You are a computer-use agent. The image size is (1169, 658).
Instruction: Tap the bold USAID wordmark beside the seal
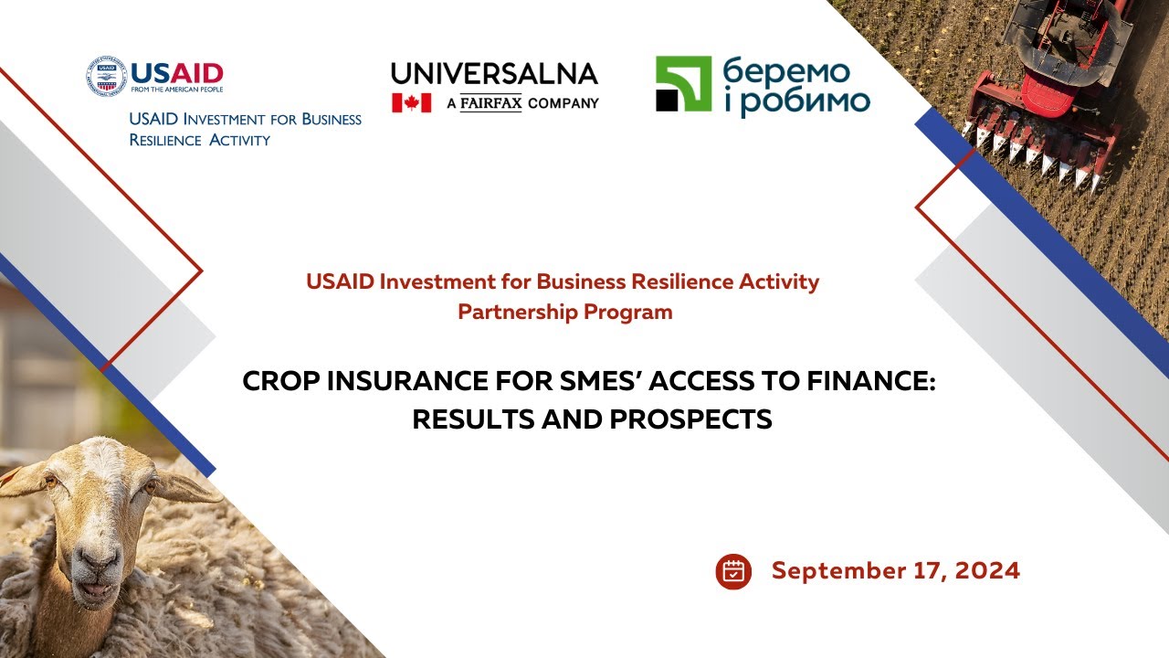177,72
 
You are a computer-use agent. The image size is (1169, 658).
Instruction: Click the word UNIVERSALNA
494,74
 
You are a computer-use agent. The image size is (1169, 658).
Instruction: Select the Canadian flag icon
411,102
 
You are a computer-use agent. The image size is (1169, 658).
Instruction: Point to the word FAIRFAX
490,103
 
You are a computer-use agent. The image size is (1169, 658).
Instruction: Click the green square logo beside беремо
682,84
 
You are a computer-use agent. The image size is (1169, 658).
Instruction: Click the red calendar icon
733,571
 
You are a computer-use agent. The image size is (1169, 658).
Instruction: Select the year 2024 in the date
987,571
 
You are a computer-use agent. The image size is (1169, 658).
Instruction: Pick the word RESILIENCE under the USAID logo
163,140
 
